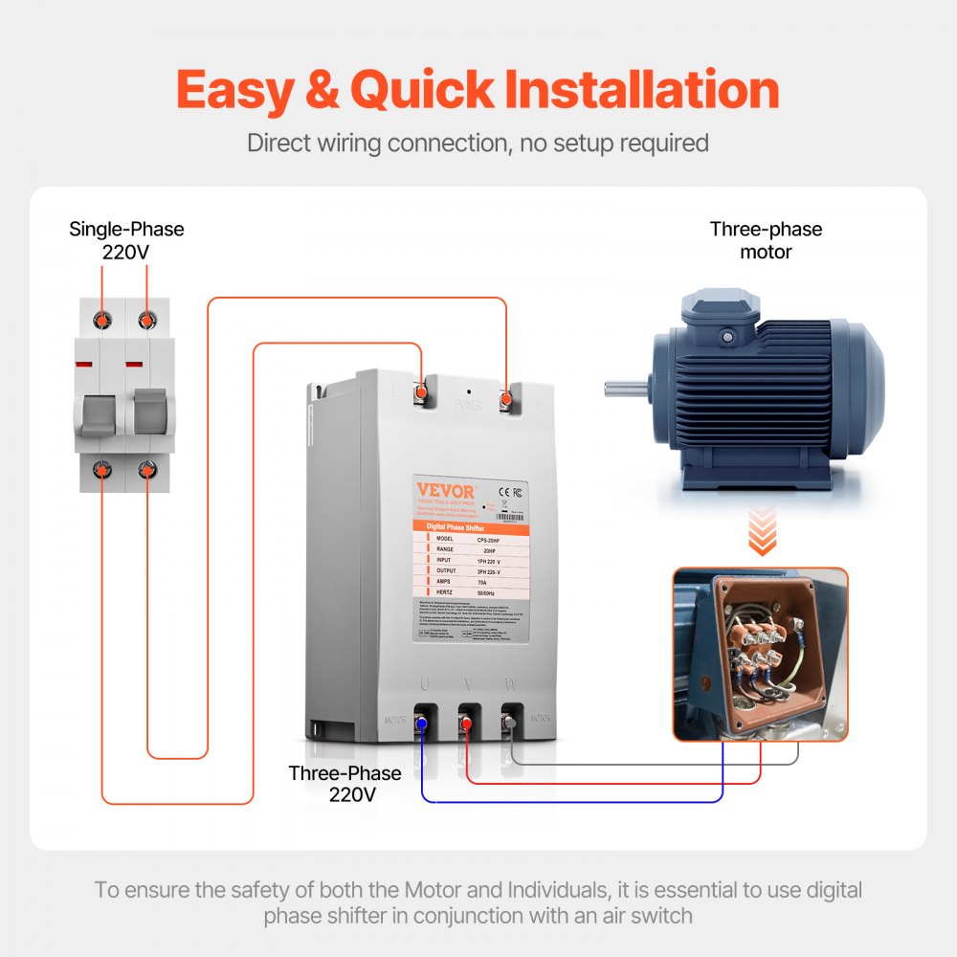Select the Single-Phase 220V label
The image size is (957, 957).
pyautogui.click(x=126, y=241)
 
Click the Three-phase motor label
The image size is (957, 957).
pyautogui.click(x=766, y=240)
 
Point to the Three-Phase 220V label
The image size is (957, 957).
pyautogui.click(x=345, y=783)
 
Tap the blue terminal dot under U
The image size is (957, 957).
pyautogui.click(x=421, y=728)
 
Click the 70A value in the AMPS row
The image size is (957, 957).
pyautogui.click(x=492, y=581)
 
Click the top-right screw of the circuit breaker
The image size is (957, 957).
pyautogui.click(x=146, y=318)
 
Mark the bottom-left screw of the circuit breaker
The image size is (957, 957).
pyautogui.click(x=100, y=469)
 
